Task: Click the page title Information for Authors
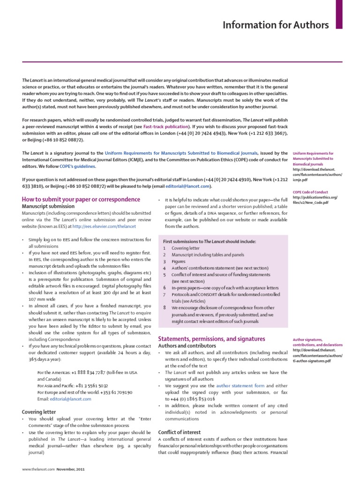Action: pos(276,25)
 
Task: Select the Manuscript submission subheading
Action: pos(49,206)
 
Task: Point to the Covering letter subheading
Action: pos(39,412)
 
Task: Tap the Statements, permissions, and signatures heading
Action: pos(212,338)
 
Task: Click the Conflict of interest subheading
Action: pos(180,432)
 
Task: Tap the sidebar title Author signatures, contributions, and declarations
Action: pos(317,341)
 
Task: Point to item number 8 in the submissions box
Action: pos(165,308)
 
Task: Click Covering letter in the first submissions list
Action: pos(185,248)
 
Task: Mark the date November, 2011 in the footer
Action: pos(71,469)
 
